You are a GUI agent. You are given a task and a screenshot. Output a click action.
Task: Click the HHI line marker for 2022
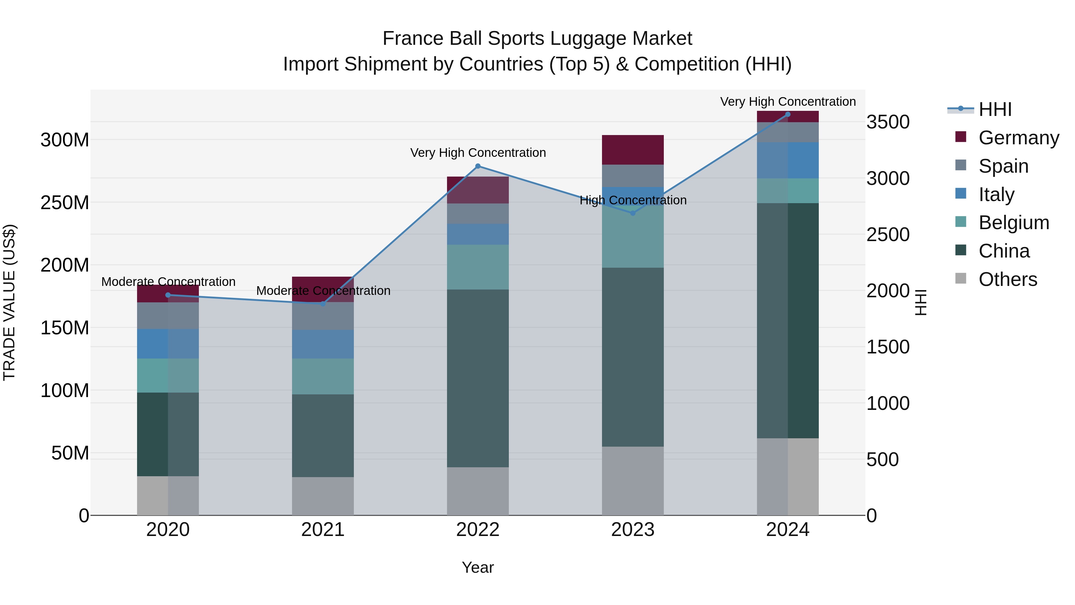pyautogui.click(x=478, y=166)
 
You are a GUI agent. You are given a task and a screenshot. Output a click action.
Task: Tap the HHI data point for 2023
pyautogui.click(x=633, y=213)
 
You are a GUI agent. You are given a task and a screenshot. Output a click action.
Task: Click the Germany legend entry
pyautogui.click(x=1018, y=137)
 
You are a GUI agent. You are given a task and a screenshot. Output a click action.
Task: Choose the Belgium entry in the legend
pyautogui.click(x=1013, y=223)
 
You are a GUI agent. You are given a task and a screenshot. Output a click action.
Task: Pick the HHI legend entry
pyautogui.click(x=995, y=109)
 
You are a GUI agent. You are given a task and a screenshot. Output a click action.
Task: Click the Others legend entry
pyautogui.click(x=1008, y=279)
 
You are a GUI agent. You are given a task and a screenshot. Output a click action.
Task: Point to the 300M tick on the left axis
pyautogui.click(x=65, y=140)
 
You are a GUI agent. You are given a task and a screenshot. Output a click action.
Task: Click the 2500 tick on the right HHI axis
pyautogui.click(x=888, y=235)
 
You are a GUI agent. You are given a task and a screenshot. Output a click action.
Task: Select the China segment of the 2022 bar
pyautogui.click(x=478, y=378)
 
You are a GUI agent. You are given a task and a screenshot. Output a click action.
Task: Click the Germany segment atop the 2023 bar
pyautogui.click(x=633, y=149)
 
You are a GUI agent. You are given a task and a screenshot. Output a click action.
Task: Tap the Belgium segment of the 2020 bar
pyautogui.click(x=168, y=375)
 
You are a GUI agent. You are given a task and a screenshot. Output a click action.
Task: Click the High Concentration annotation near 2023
pyautogui.click(x=633, y=200)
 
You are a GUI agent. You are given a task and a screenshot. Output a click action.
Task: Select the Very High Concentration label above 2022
pyautogui.click(x=478, y=153)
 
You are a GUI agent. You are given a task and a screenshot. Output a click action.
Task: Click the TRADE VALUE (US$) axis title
pyautogui.click(x=9, y=302)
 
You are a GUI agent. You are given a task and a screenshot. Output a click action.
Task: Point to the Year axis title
pyautogui.click(x=478, y=567)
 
